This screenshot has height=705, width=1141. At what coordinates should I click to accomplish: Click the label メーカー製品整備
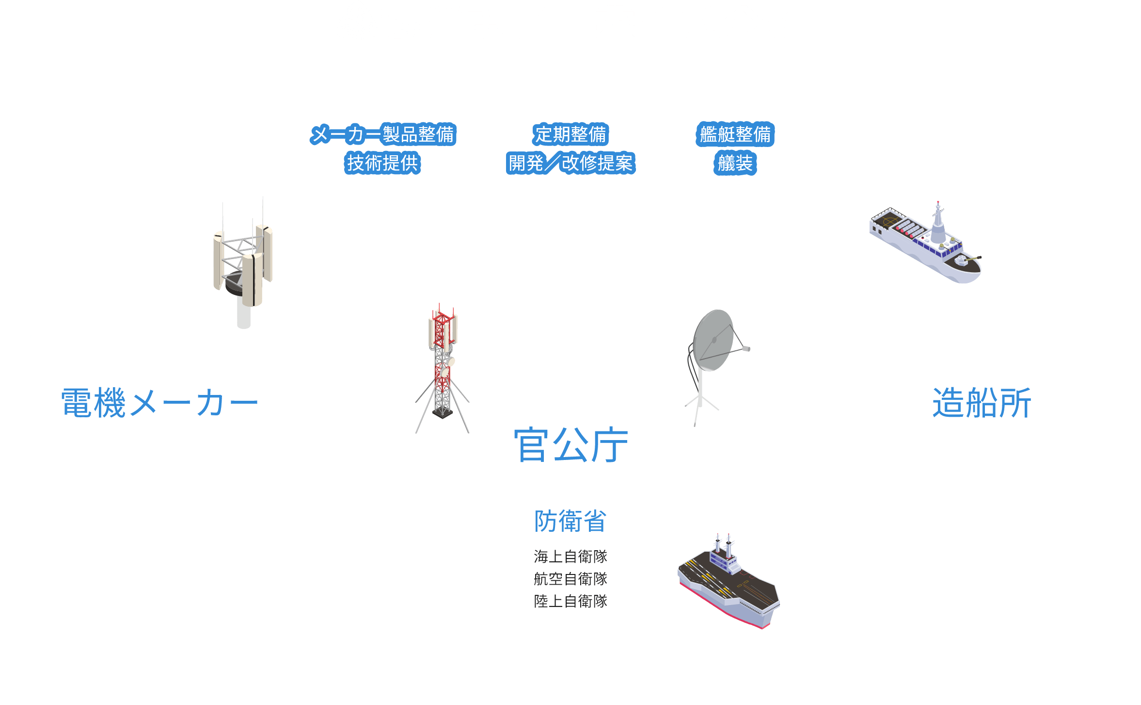(383, 134)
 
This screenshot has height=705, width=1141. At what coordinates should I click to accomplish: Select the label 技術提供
(382, 163)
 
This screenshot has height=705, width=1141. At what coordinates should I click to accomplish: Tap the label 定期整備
(570, 134)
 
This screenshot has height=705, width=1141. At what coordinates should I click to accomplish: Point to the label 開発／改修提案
(570, 163)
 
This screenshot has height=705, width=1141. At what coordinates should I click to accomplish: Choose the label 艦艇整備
(735, 134)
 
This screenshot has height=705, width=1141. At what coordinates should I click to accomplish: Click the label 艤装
(735, 163)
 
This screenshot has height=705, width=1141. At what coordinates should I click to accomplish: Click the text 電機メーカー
(159, 403)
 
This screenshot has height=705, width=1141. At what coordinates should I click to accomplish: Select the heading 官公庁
(570, 444)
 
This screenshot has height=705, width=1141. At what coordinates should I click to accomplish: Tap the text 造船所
(982, 403)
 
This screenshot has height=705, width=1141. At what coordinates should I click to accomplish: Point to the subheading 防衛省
(570, 521)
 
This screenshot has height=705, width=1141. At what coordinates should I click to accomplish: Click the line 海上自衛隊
(570, 557)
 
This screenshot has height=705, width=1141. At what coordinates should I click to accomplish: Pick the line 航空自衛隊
(570, 579)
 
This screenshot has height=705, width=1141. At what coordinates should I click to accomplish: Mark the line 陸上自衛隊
(570, 601)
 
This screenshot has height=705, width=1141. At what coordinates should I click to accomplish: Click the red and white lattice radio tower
(442, 364)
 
